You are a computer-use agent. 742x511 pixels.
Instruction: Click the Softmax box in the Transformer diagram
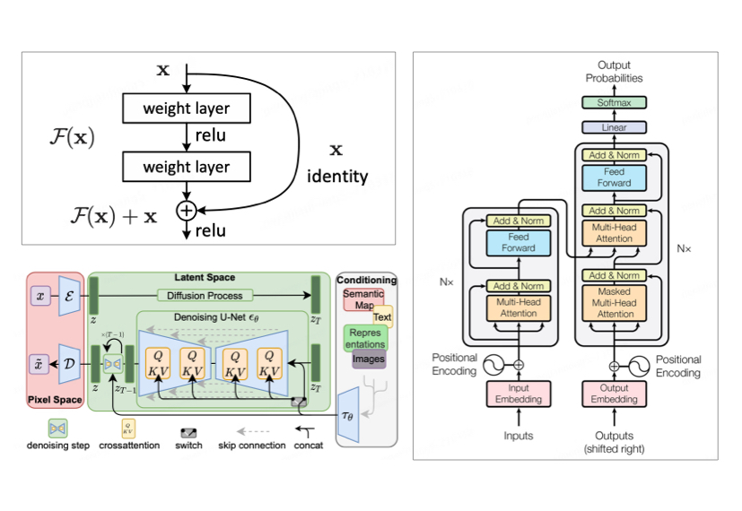click(x=615, y=103)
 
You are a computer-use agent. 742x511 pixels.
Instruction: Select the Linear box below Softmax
click(x=615, y=128)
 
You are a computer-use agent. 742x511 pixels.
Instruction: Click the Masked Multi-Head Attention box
click(x=615, y=303)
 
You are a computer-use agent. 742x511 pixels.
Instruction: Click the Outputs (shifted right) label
click(x=615, y=442)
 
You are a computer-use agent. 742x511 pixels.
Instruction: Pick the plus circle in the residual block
click(x=185, y=211)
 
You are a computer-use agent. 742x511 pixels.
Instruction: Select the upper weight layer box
click(x=186, y=108)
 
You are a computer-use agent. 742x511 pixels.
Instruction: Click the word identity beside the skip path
click(x=337, y=177)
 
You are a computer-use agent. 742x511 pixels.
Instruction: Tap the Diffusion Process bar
click(x=205, y=295)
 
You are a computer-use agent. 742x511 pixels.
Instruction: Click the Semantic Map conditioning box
click(x=362, y=299)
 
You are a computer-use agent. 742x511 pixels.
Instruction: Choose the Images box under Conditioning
click(x=369, y=359)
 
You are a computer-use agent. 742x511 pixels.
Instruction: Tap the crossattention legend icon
click(x=127, y=426)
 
